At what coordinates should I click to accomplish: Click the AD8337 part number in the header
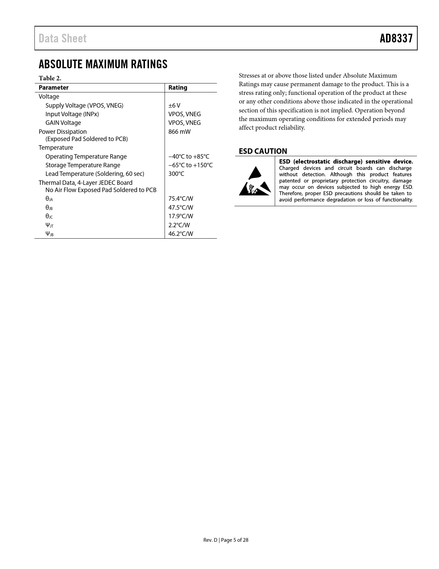click(396, 38)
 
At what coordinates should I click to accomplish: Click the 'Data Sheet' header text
click(62, 38)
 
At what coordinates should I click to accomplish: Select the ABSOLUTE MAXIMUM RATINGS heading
click(103, 64)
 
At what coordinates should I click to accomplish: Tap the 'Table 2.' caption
click(50, 78)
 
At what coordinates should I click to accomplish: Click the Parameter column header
click(53, 88)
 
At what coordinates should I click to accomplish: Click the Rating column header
click(178, 88)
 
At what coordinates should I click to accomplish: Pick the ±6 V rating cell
click(174, 106)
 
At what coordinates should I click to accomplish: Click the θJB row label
click(49, 208)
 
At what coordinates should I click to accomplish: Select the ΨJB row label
click(49, 234)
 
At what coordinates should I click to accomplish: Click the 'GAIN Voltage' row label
click(63, 123)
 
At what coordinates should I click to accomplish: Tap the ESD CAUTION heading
click(263, 151)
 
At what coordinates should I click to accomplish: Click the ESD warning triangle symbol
click(255, 181)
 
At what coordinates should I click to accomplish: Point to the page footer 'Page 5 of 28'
click(234, 540)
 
